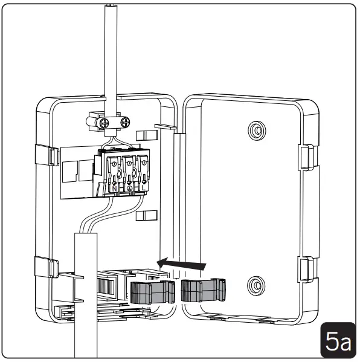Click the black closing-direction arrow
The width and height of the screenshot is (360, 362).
[x=181, y=263]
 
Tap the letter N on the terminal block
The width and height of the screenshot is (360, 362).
[x=114, y=189]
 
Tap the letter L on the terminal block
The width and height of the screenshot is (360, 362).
[x=143, y=189]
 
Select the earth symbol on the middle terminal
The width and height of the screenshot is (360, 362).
[x=129, y=189]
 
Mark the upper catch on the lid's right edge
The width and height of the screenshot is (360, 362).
[x=307, y=155]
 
